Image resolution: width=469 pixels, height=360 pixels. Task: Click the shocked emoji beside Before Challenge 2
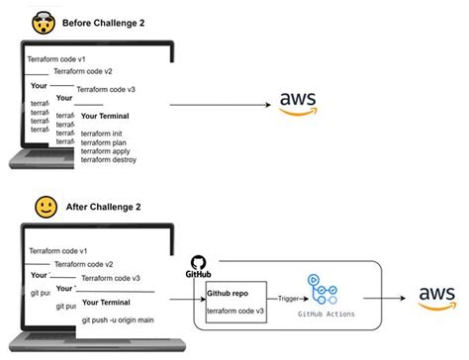(43, 20)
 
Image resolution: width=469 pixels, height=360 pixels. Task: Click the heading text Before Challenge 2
(104, 22)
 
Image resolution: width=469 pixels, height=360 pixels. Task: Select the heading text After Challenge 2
(102, 209)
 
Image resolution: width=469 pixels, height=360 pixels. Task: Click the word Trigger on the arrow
(288, 297)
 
